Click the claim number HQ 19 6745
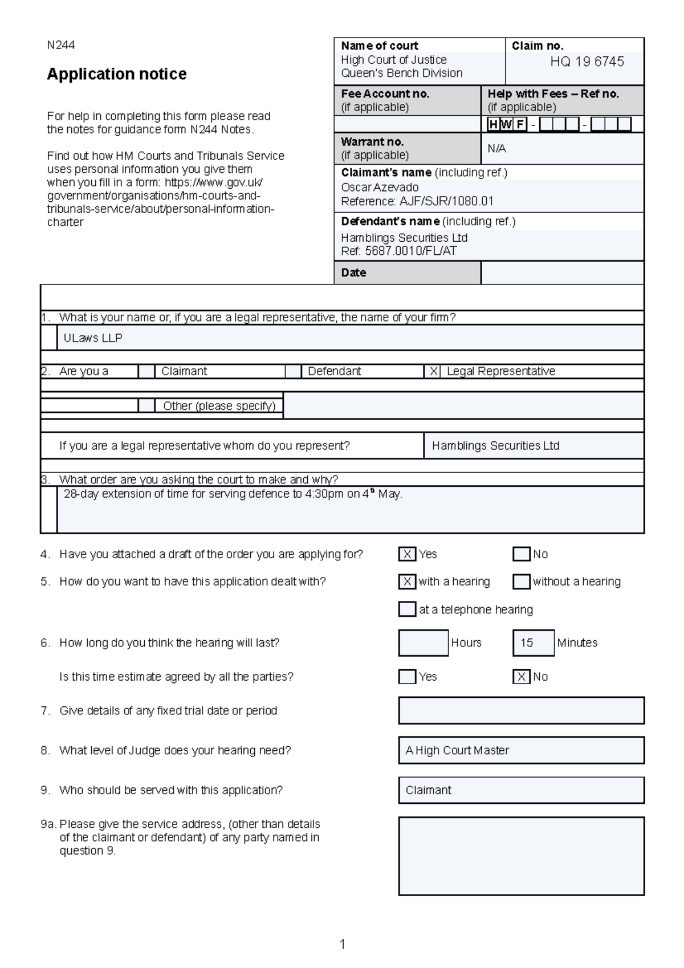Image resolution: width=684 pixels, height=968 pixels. pos(587,62)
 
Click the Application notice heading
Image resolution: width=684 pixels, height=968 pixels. pos(117,74)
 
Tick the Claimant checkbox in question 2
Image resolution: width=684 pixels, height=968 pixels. pos(146,372)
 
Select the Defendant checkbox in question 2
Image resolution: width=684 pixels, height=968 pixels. pos(293,372)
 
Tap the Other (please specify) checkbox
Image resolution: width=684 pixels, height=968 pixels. pos(146,406)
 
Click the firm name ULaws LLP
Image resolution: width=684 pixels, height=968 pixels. pos(93,338)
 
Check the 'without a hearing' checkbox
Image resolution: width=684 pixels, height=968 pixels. pos(521,581)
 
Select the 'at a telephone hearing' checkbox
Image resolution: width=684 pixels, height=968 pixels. pos(407,609)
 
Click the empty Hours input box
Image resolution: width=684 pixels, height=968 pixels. pos(423,643)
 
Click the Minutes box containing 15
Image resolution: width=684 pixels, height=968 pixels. pos(533,643)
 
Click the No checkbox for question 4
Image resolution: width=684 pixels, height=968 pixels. pos(521,554)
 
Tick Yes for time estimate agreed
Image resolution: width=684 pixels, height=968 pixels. pos(407,677)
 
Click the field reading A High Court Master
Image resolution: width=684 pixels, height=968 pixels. pos(521,751)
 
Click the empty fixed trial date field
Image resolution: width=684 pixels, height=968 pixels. pos(521,711)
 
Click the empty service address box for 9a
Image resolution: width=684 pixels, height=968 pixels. pos(521,856)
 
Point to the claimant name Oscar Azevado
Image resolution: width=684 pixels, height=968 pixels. pos(380,188)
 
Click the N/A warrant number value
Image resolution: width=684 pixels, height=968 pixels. pos(496,149)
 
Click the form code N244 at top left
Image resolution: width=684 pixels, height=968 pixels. pos(60,45)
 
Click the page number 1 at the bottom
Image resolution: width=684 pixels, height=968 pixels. pos(342,945)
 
